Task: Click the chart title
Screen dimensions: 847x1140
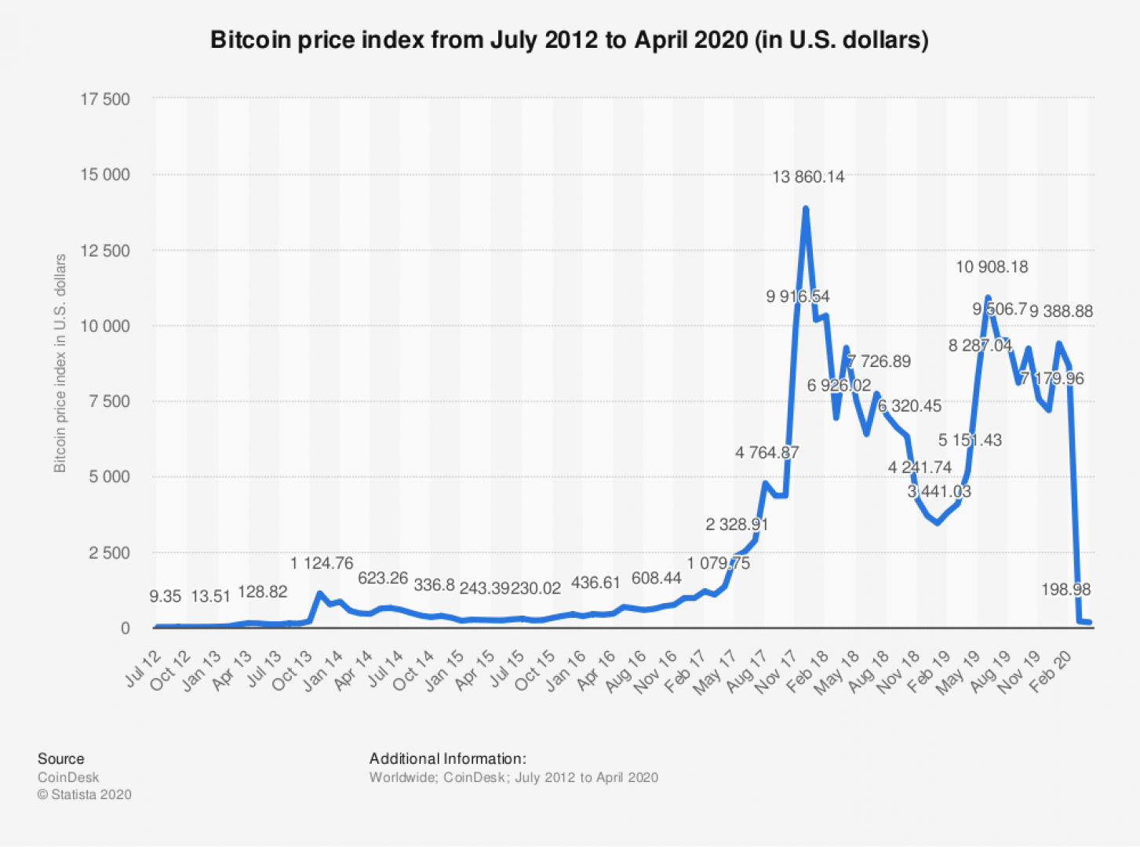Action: point(569,40)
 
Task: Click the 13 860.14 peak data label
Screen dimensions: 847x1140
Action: point(808,177)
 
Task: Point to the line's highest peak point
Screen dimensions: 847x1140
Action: point(805,209)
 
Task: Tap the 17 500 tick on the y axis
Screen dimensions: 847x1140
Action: point(104,100)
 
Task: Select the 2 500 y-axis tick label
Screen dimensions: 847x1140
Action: point(108,553)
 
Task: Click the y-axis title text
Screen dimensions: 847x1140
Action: point(60,363)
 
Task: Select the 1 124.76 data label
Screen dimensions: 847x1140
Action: point(322,563)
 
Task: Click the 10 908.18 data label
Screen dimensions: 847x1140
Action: point(991,267)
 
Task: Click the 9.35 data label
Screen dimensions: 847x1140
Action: point(165,597)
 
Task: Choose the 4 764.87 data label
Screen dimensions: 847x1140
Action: point(767,453)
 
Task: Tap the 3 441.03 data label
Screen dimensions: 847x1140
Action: point(939,492)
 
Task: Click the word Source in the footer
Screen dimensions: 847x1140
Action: point(60,758)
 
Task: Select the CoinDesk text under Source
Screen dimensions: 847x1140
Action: point(68,777)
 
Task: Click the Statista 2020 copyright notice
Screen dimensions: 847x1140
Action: point(84,794)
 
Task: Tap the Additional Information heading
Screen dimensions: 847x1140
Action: point(447,758)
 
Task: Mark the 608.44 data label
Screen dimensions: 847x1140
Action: point(656,579)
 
